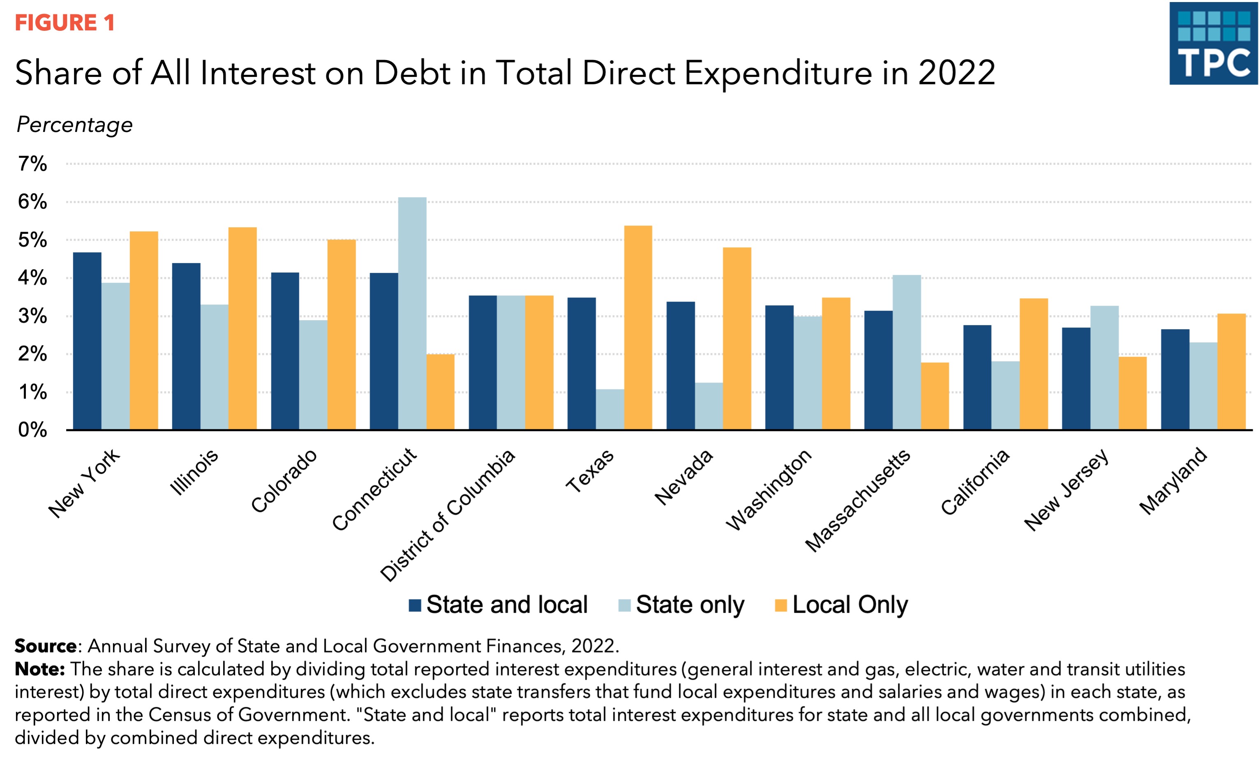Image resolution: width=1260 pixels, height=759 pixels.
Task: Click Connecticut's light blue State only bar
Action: (412, 313)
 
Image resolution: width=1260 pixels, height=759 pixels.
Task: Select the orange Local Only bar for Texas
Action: (638, 328)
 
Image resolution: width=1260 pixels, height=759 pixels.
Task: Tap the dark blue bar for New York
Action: (87, 341)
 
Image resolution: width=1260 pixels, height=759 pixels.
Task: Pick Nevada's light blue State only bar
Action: (709, 406)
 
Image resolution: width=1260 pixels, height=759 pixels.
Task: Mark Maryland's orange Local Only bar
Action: (1231, 371)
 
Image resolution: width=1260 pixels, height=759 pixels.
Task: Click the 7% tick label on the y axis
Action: (32, 164)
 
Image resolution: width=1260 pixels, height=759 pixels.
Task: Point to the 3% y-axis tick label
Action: (32, 316)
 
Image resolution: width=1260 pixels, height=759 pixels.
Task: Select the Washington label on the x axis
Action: (768, 489)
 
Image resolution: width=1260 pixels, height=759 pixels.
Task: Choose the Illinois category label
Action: (194, 472)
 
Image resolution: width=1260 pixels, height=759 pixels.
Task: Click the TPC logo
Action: (1213, 44)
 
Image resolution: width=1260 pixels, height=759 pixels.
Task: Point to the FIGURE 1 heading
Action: (65, 23)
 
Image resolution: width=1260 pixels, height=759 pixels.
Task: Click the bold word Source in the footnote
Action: (46, 646)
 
